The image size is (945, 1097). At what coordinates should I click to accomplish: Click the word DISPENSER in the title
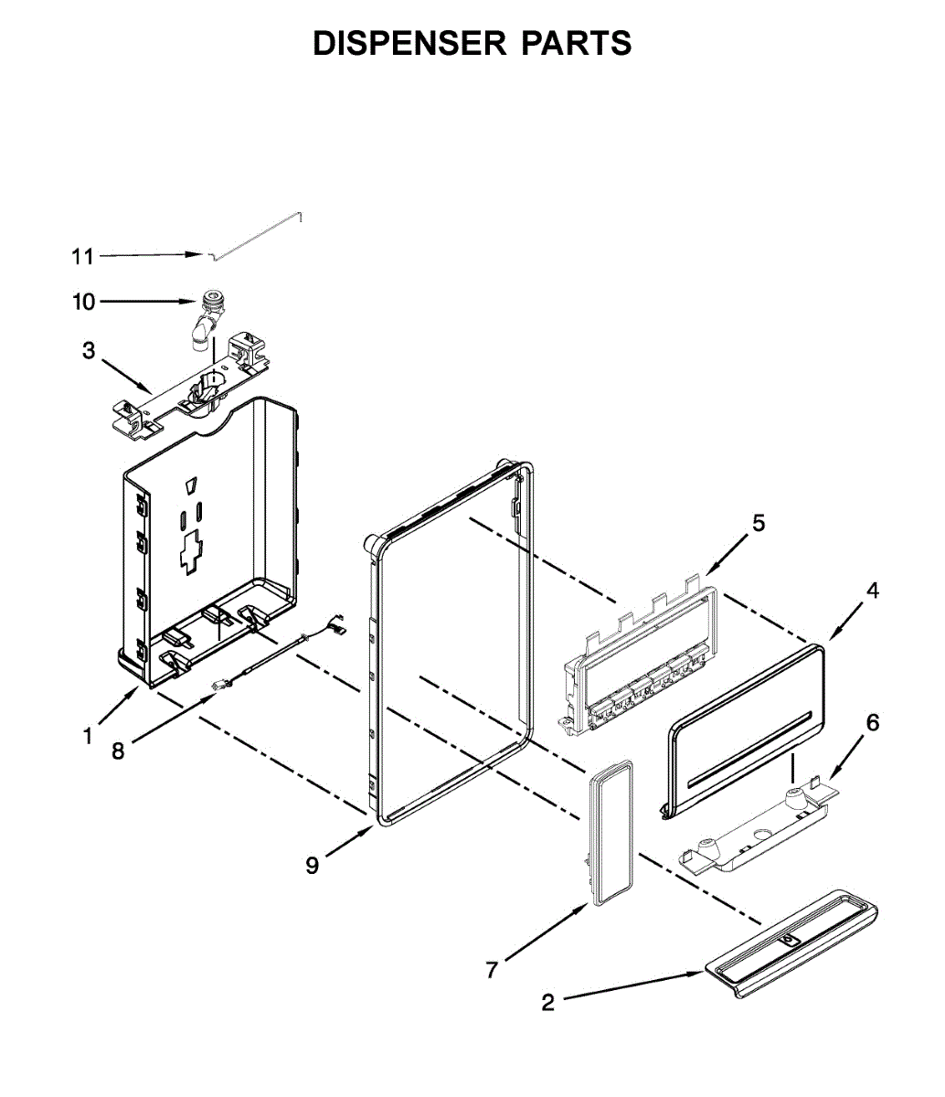[x=408, y=44]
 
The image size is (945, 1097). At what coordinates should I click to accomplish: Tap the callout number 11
[x=83, y=257]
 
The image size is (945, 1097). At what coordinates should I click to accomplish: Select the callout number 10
[x=83, y=302]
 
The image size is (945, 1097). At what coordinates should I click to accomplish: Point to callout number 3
[x=89, y=351]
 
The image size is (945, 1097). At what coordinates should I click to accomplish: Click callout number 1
[x=88, y=735]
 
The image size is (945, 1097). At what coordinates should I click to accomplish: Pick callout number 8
[x=117, y=751]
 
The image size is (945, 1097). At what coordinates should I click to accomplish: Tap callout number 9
[x=313, y=865]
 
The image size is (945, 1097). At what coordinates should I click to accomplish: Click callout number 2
[x=547, y=1003]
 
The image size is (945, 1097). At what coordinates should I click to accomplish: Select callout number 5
[x=759, y=523]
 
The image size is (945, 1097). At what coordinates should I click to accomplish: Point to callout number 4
[x=873, y=591]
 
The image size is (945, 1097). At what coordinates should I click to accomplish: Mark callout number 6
[x=873, y=723]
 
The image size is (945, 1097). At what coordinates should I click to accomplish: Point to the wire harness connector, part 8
[x=222, y=684]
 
